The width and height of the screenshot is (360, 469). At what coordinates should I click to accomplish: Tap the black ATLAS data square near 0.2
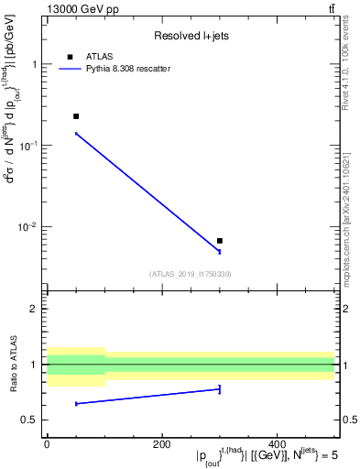[x=76, y=116]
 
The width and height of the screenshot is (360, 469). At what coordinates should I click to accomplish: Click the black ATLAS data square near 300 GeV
[x=220, y=241]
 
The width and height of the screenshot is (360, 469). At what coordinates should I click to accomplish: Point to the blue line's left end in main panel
[x=76, y=134]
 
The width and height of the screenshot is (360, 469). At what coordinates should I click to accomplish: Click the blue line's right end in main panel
[x=220, y=251]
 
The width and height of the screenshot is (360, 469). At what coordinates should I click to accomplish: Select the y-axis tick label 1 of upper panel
[x=34, y=65]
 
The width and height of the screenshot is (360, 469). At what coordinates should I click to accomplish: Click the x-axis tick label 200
[x=162, y=444]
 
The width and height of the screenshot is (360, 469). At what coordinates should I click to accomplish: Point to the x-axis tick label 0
[x=47, y=444]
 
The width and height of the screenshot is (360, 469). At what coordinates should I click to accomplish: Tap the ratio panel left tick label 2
[x=34, y=309]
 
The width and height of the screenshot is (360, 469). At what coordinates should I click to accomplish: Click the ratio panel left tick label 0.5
[x=30, y=420]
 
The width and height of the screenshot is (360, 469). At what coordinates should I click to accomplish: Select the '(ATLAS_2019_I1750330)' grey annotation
[x=191, y=273]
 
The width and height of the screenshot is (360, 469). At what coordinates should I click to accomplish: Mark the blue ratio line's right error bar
[x=220, y=389]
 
